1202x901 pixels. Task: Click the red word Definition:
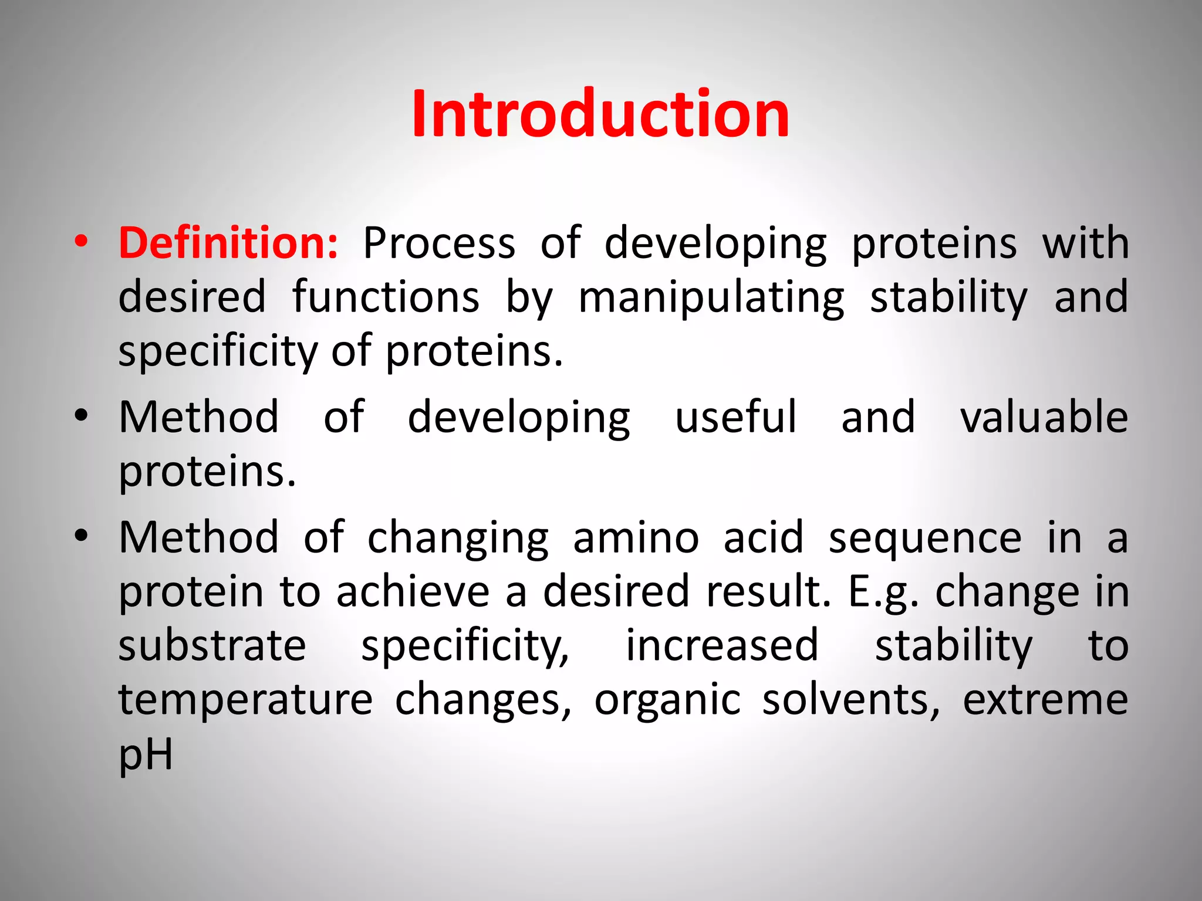[x=228, y=243]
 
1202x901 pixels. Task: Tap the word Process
[x=439, y=243]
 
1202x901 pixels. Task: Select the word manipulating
[x=711, y=297]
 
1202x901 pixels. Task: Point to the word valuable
[x=1044, y=417]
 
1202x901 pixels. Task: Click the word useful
[x=736, y=417]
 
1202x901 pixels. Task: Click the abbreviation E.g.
[x=882, y=592]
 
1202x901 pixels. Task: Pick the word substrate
[x=212, y=646]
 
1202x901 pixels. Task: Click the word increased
[x=722, y=646]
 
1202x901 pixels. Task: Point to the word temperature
[x=245, y=700]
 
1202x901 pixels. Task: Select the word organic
[x=667, y=700]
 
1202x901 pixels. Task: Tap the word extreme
[x=1045, y=700]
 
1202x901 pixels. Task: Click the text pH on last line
[x=146, y=755]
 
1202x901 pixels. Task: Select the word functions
[x=386, y=297]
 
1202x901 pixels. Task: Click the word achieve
[x=413, y=592]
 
